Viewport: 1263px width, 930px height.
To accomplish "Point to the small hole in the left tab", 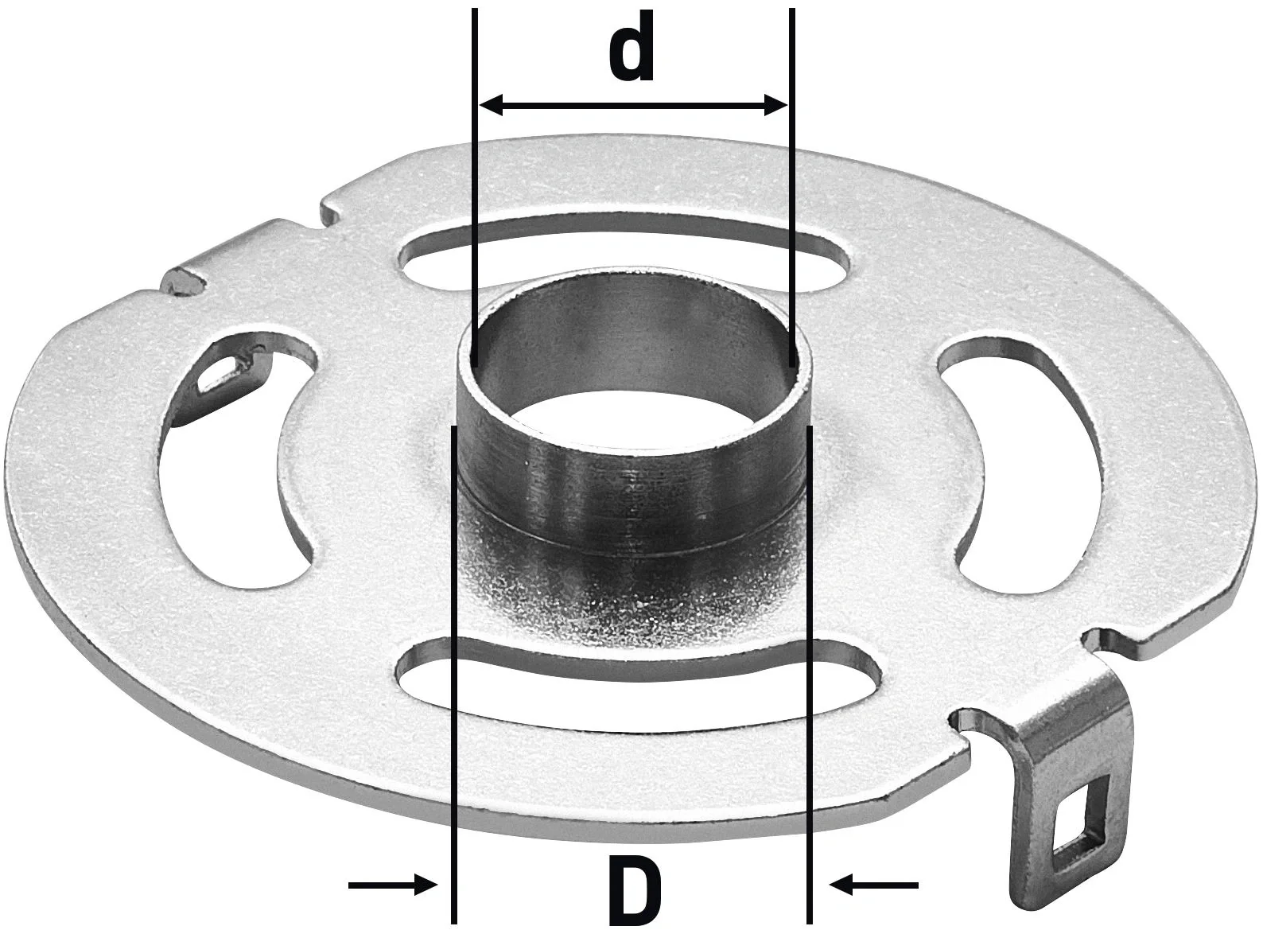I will coord(216,374).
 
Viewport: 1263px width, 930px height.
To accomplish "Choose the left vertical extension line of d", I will coord(473,159).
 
